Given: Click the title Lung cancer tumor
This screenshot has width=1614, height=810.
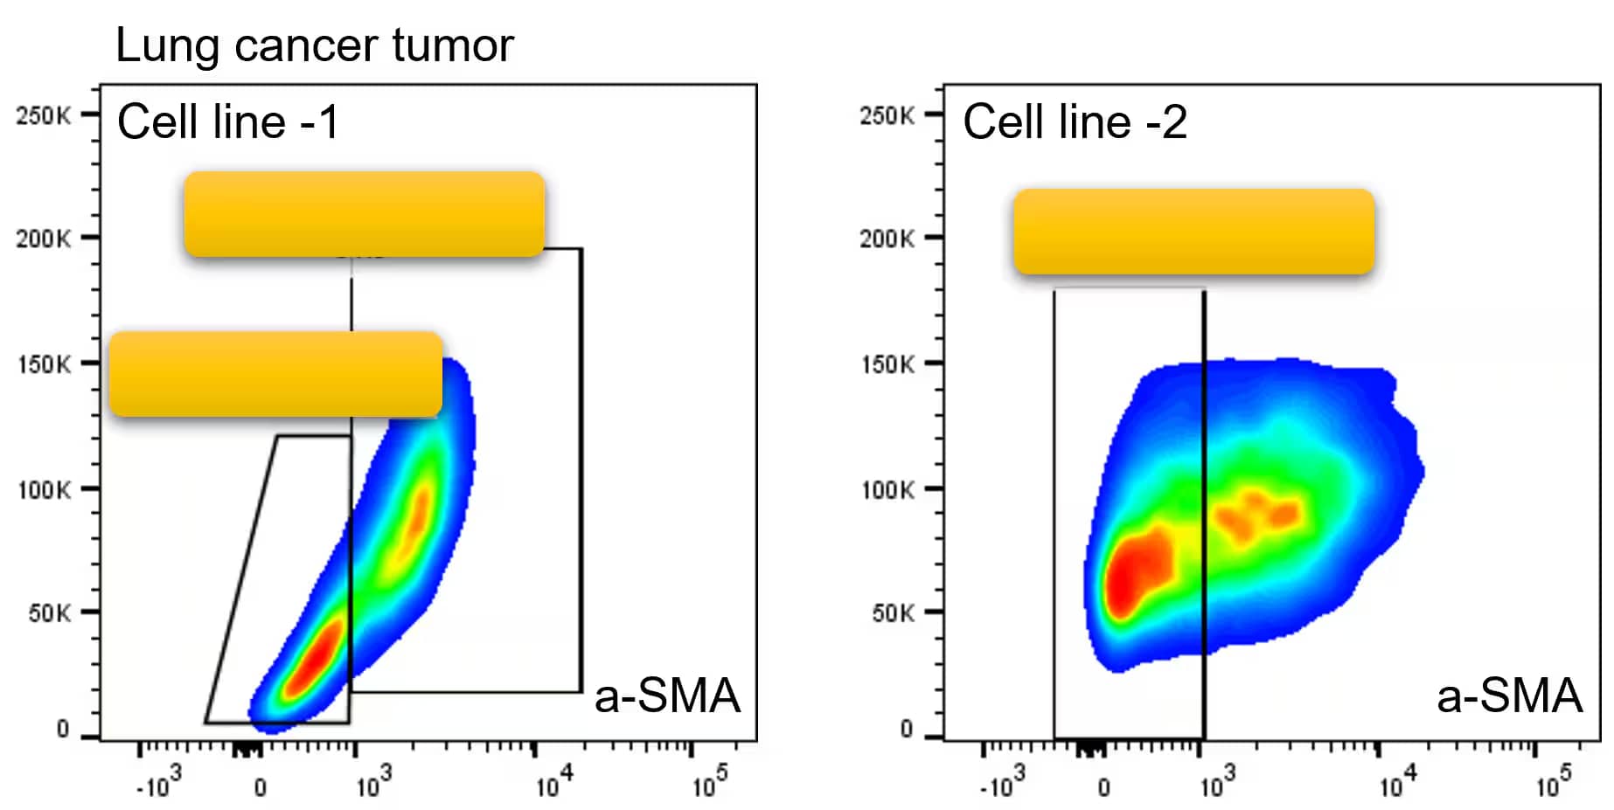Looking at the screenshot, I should pos(314,45).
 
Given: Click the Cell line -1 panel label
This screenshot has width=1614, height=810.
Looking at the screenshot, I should pos(227,121).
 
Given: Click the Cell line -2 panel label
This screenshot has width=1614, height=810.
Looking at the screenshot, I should pos(1075,121).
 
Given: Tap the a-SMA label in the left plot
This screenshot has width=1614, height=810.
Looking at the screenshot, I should pos(667,696).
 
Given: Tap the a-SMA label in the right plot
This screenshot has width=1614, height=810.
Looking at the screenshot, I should pos(1509,696).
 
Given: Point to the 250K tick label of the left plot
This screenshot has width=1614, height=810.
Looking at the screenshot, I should pos(43,115).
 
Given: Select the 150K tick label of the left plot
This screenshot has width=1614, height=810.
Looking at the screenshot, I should pos(44,363).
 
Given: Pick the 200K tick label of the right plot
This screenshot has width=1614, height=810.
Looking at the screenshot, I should pos(887,239).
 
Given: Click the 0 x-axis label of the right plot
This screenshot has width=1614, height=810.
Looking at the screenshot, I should pos(1104,787).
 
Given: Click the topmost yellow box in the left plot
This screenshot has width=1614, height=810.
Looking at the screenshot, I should pos(364,214).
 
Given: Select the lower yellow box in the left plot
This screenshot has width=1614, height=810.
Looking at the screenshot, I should pos(275,374).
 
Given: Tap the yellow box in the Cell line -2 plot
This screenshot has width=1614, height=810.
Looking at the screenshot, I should pos(1193,232).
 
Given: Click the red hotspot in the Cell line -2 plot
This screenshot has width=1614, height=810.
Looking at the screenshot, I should pos(1137,568).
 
